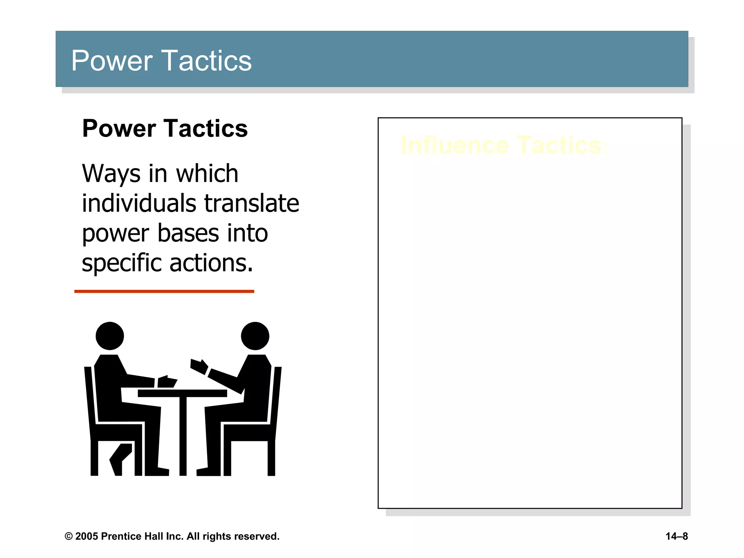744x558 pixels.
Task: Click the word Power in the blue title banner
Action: click(112, 61)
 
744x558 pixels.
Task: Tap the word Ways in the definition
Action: click(111, 174)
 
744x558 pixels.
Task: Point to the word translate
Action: click(251, 203)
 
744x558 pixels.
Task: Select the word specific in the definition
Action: click(121, 263)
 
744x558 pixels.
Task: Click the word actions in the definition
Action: click(211, 263)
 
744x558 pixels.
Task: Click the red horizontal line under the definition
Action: click(164, 291)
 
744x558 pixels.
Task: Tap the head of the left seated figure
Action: click(110, 336)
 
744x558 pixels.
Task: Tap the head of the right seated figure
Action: click(255, 336)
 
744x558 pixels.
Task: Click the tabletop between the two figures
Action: click(182, 393)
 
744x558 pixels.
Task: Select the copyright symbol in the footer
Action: click(68, 537)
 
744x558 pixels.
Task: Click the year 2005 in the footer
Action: click(87, 537)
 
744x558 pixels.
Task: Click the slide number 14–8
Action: click(676, 537)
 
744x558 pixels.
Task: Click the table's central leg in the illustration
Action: click(183, 436)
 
